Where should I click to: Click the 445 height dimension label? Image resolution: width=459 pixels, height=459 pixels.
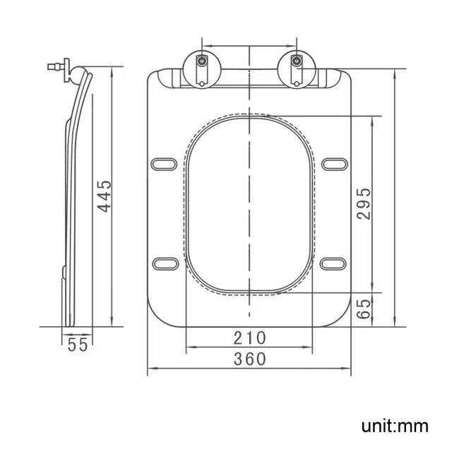tap(104, 196)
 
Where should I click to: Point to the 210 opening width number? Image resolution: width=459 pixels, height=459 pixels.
tap(249, 338)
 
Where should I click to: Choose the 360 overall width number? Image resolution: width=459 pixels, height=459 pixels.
tap(249, 359)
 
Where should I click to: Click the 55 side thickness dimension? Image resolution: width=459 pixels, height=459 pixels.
tap(78, 345)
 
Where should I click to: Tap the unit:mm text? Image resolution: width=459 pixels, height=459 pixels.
tap(395, 426)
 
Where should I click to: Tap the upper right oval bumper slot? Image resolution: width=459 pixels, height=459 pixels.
tap(333, 164)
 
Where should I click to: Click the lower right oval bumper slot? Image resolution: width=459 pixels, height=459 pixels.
tap(333, 263)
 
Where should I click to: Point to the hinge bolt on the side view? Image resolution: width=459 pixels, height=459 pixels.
tap(54, 68)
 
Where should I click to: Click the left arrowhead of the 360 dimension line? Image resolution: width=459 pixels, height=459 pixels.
tap(150, 369)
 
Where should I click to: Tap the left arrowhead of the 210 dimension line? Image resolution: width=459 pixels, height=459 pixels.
tap(189, 347)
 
